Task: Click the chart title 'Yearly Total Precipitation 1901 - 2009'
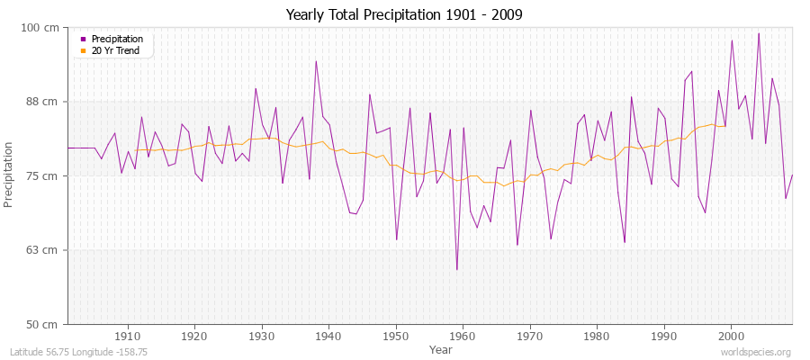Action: pos(404,14)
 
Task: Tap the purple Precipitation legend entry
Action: pos(112,39)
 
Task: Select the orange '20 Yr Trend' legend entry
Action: pos(111,50)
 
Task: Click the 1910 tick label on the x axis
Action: pos(127,336)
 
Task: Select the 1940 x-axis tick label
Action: pos(328,336)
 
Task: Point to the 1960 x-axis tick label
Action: pos(463,336)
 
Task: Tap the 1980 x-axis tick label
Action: pos(597,336)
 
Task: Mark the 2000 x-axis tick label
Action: pos(731,336)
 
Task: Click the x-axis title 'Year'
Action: pos(441,349)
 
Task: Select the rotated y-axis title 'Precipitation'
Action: pos(10,175)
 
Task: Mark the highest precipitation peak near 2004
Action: pos(759,33)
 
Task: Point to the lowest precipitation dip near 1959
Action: pos(456,269)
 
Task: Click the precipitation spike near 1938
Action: pos(316,61)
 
